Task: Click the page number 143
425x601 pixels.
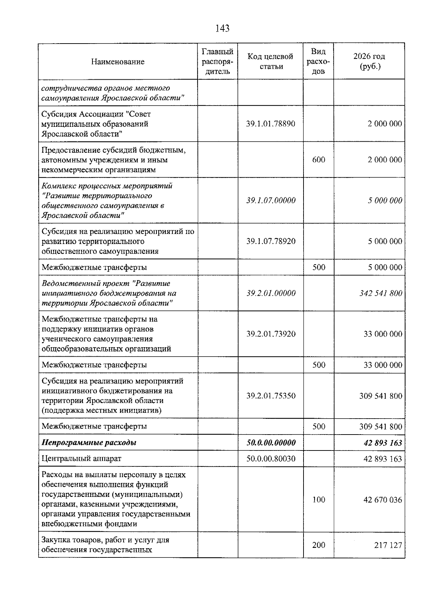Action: click(222, 28)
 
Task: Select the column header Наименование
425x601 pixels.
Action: click(118, 62)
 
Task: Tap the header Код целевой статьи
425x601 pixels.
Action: click(270, 61)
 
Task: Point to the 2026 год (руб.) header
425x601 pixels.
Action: click(369, 61)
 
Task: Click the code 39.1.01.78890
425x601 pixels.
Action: click(271, 124)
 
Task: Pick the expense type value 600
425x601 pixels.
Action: click(318, 160)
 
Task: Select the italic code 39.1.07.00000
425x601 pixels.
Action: click(271, 200)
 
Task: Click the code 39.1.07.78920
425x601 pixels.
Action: click(271, 241)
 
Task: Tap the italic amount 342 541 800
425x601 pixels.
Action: click(381, 293)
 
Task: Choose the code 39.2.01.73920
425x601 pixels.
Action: click(271, 334)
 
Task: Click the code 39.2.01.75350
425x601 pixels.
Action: click(271, 396)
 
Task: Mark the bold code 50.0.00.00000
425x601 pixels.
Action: click(271, 443)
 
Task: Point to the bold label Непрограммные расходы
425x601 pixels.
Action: click(89, 443)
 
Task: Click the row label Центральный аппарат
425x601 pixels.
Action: click(81, 459)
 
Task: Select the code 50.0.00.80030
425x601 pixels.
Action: click(271, 459)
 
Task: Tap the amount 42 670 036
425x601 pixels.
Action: click(382, 500)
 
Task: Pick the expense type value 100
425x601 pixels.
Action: click(318, 500)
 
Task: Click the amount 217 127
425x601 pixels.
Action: click(388, 545)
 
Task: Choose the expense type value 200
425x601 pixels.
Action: click(318, 545)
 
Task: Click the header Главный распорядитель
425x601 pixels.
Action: click(217, 61)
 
